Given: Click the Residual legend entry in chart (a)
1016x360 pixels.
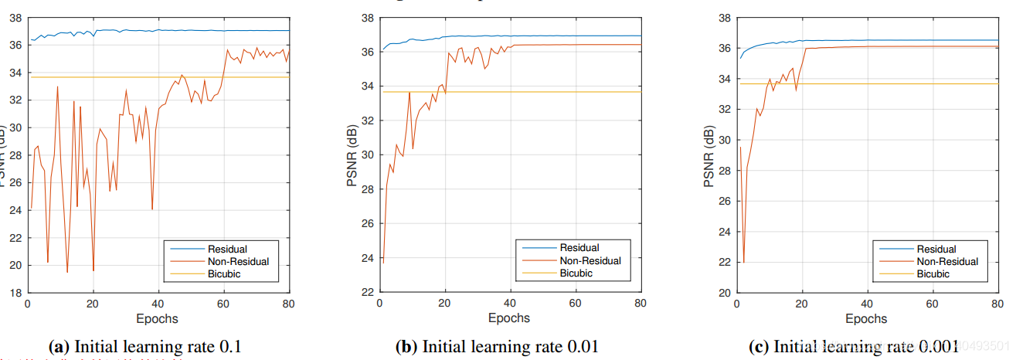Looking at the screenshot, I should click(227, 249).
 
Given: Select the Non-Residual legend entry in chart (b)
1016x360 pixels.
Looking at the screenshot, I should click(589, 261).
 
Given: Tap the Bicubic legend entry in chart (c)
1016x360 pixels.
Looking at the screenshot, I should click(933, 273).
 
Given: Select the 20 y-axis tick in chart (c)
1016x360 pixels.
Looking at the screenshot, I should click(723, 293).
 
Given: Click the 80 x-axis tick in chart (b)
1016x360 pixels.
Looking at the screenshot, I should click(641, 303).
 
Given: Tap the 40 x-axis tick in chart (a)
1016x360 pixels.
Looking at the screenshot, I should click(158, 303).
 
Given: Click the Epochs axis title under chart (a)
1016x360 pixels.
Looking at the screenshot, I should click(158, 318).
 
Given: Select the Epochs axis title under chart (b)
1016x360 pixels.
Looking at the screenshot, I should click(509, 318).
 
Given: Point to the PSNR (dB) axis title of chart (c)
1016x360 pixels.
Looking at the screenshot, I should click(710, 155).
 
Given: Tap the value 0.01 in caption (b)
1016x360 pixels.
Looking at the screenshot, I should click(581, 347).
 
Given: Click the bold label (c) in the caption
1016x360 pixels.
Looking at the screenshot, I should click(759, 347).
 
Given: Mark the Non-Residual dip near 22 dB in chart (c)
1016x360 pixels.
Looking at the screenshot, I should click(743, 263).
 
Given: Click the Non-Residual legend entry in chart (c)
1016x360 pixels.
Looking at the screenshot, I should click(946, 261).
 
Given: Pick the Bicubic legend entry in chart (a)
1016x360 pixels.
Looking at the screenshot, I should click(225, 273).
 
